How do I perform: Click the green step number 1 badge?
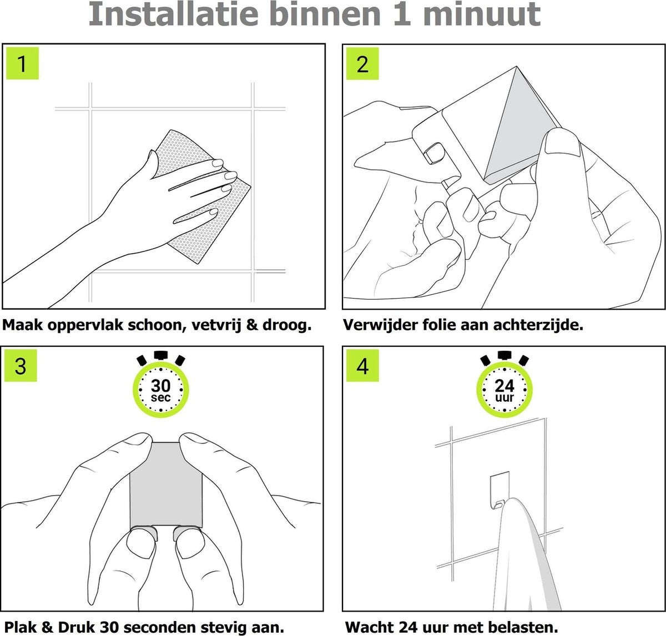[23, 63]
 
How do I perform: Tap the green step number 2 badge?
[362, 64]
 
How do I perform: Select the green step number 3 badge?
[21, 366]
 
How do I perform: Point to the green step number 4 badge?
[362, 366]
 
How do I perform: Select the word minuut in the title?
[482, 14]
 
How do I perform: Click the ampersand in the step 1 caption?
[252, 325]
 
